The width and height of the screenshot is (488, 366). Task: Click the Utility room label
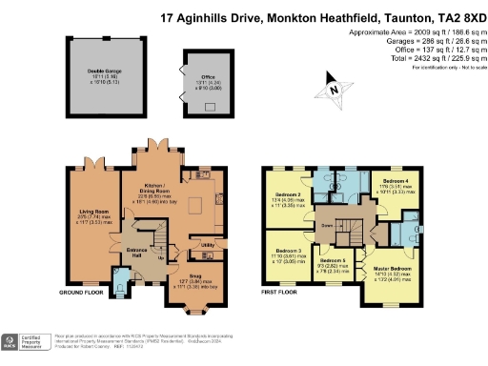[x=205, y=245]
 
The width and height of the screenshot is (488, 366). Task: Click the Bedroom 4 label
[x=396, y=181]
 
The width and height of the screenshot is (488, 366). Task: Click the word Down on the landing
[x=326, y=226]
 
